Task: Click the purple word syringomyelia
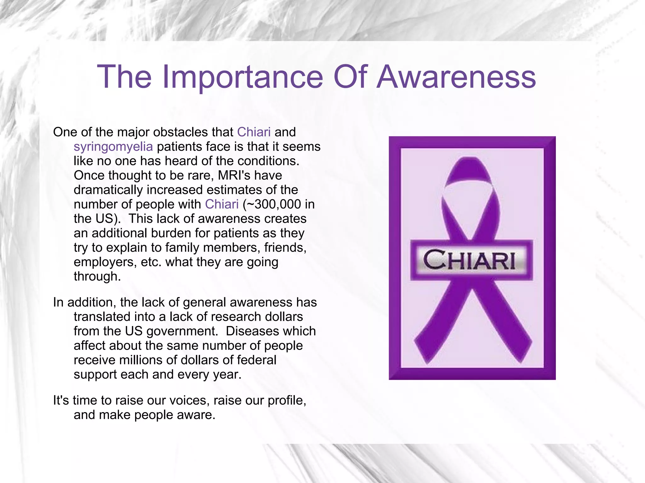113,147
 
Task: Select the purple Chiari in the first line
254,132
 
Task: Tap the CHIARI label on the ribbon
469,260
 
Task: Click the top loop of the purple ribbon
469,170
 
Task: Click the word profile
286,401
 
